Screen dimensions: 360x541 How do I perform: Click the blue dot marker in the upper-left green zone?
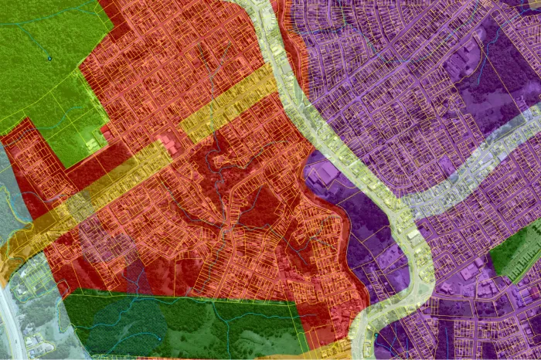(x=49, y=58)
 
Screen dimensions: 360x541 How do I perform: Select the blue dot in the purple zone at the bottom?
(x=376, y=336)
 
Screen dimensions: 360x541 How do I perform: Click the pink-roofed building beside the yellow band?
(x=166, y=144)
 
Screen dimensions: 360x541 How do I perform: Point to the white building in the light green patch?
(x=93, y=144)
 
